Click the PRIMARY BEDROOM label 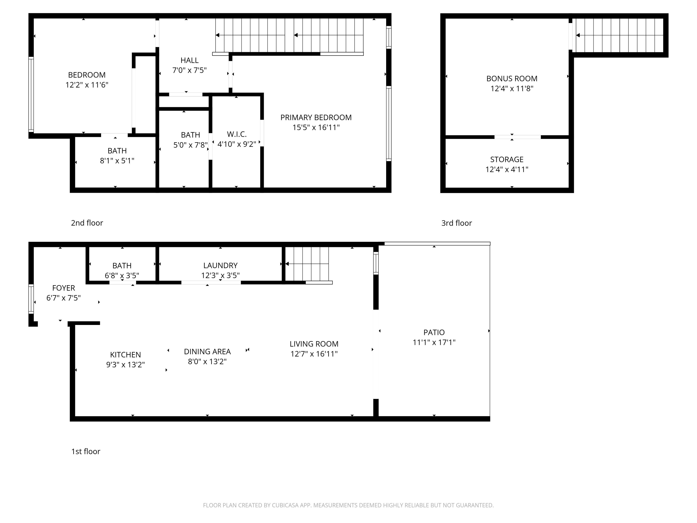pyautogui.click(x=316, y=118)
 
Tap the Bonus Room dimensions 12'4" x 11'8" pyautogui.click(x=512, y=89)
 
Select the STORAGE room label pyautogui.click(x=507, y=159)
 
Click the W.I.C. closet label pyautogui.click(x=237, y=134)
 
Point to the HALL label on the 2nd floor pyautogui.click(x=189, y=60)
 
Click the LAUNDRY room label pyautogui.click(x=220, y=265)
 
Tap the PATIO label pyautogui.click(x=434, y=332)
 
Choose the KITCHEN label pyautogui.click(x=125, y=355)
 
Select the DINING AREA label pyautogui.click(x=207, y=351)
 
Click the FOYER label pyautogui.click(x=64, y=288)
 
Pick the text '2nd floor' pyautogui.click(x=87, y=223)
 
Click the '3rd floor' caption pyautogui.click(x=457, y=223)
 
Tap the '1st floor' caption pyautogui.click(x=86, y=451)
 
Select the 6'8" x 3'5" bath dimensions pyautogui.click(x=122, y=275)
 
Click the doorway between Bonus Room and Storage pyautogui.click(x=517, y=137)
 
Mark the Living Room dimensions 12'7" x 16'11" pyautogui.click(x=314, y=354)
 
